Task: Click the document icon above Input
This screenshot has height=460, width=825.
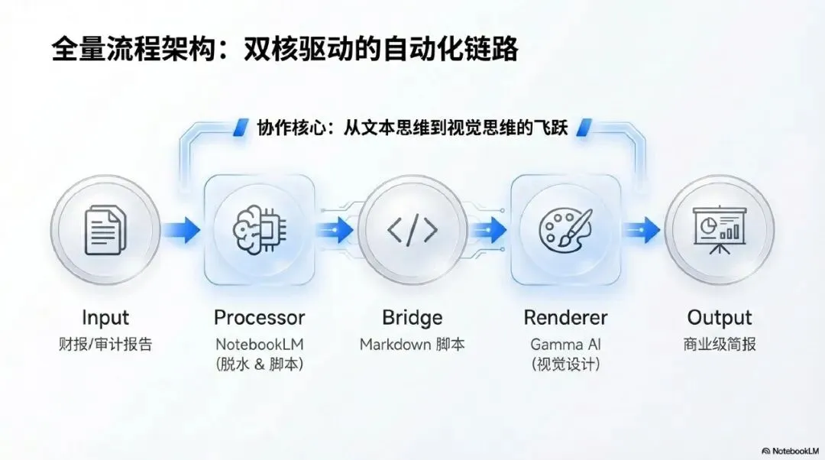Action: click(x=105, y=230)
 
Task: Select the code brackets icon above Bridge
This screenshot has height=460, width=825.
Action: click(x=412, y=230)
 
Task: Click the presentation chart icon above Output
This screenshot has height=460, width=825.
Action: click(x=719, y=230)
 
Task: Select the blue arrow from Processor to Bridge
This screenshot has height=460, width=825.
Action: click(x=335, y=229)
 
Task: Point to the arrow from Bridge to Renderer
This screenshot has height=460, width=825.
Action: click(x=489, y=229)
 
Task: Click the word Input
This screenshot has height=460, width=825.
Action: click(x=105, y=318)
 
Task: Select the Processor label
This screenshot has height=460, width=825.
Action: click(x=259, y=318)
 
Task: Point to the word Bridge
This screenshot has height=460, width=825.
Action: click(x=412, y=318)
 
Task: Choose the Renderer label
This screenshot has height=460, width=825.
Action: click(x=565, y=318)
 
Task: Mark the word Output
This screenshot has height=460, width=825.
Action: click(x=719, y=318)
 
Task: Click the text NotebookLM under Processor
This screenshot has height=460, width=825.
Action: click(x=259, y=345)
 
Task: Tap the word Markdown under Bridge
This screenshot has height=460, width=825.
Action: click(x=396, y=345)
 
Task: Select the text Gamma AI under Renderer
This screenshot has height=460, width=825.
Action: click(x=565, y=345)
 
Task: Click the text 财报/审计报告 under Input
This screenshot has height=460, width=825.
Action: click(x=105, y=345)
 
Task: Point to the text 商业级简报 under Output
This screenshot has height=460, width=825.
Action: click(x=719, y=345)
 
